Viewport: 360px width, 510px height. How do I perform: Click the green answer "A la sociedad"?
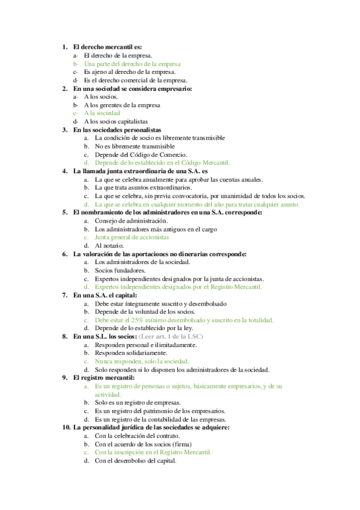[102, 113]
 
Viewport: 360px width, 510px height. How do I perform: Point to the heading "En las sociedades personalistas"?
[117, 129]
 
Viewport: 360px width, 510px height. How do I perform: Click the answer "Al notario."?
[110, 245]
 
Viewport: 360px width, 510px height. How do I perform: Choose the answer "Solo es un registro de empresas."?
[141, 402]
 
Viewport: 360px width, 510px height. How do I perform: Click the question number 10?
[66, 427]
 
